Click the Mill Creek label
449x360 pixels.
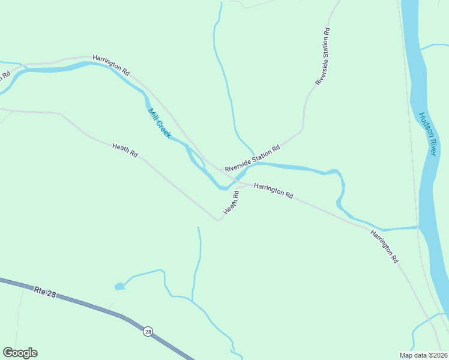[159, 123]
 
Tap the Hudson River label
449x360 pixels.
[427, 134]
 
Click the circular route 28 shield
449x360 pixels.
[148, 331]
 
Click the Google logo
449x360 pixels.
[20, 353]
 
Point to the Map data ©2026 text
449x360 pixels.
[423, 355]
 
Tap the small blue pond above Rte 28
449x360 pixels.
[119, 286]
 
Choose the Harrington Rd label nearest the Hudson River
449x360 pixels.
[384, 247]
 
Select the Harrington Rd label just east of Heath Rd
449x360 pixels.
[273, 191]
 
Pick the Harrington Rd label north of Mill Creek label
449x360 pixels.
[111, 65]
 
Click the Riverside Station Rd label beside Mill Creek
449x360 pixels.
[253, 159]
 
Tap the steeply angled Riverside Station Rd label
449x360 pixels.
[322, 56]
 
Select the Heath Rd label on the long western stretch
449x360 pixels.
[125, 150]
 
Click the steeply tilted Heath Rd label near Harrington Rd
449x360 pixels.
[232, 203]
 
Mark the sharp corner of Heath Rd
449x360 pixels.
[218, 220]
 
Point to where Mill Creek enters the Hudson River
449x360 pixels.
[418, 227]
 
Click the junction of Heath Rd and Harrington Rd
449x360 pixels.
[243, 184]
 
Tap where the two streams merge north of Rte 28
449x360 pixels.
[192, 300]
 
